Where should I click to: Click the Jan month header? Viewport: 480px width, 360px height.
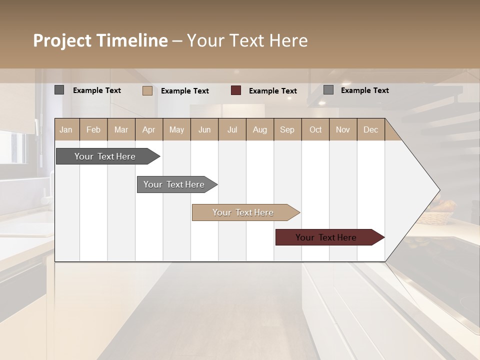pyautogui.click(x=66, y=129)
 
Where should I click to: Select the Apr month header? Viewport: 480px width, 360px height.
pyautogui.click(x=148, y=129)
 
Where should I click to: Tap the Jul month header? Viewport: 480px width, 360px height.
pyautogui.click(x=232, y=129)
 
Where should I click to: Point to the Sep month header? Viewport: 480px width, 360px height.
pyautogui.click(x=287, y=129)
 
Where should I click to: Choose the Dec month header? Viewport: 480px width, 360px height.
pyautogui.click(x=370, y=129)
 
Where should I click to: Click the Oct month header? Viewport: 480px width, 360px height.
pyautogui.click(x=315, y=129)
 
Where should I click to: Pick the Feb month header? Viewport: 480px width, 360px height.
pyautogui.click(x=93, y=129)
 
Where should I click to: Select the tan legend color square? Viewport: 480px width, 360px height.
pyautogui.click(x=147, y=90)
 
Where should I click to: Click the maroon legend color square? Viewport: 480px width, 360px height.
pyautogui.click(x=236, y=90)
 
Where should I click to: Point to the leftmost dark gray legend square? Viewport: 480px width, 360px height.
pyautogui.click(x=59, y=90)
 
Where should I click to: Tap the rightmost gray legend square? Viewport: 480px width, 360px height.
pyautogui.click(x=328, y=90)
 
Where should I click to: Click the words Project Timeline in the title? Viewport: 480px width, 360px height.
pyautogui.click(x=100, y=40)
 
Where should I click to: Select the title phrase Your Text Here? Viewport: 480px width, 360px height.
pyautogui.click(x=247, y=40)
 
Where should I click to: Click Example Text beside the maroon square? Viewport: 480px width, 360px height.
pyautogui.click(x=272, y=91)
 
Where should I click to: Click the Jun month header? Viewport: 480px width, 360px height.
pyautogui.click(x=204, y=129)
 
